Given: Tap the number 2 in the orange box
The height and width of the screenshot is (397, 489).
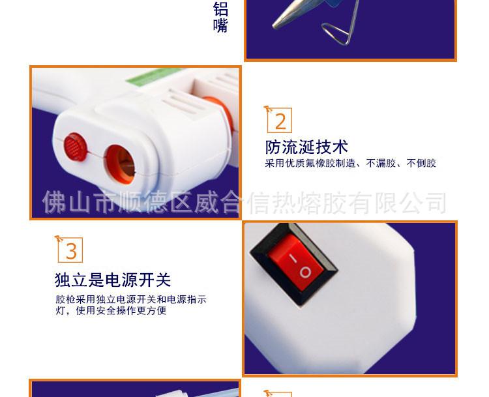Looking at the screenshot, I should click(x=280, y=121).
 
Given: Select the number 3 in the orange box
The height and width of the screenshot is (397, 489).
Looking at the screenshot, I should click(x=71, y=251).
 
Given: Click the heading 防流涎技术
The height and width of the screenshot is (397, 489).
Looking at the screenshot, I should click(x=306, y=147).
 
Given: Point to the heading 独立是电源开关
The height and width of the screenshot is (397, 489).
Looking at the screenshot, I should click(x=113, y=280).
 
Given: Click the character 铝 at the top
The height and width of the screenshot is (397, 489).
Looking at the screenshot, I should click(x=220, y=9).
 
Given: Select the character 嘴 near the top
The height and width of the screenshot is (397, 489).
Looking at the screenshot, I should click(x=220, y=26).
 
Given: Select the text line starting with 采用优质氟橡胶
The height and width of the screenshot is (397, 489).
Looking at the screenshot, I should click(x=350, y=164).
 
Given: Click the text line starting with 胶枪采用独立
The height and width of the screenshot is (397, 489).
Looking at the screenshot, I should click(x=130, y=300).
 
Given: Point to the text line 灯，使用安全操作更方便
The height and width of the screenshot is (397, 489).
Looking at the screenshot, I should click(x=111, y=311).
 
